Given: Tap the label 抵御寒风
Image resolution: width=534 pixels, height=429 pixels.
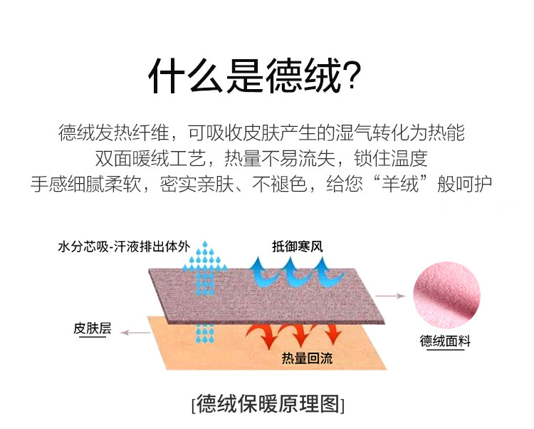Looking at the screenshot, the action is (x=298, y=246).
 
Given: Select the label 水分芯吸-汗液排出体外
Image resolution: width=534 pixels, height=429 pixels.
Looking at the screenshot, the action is (x=124, y=246).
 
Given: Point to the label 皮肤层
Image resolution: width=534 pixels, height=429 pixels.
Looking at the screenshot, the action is (x=93, y=328).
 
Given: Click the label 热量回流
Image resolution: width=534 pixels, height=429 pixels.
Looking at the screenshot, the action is (x=307, y=358).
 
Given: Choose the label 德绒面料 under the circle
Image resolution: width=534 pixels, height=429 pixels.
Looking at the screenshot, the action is (x=445, y=341).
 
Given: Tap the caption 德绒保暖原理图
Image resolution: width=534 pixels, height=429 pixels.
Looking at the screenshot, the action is (x=268, y=404).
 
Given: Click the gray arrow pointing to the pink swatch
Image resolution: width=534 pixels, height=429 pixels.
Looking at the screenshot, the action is (x=390, y=296).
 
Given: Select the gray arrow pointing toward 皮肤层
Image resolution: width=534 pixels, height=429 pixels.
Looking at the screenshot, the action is (x=135, y=332).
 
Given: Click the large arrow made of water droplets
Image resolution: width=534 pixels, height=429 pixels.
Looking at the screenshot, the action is (x=204, y=268).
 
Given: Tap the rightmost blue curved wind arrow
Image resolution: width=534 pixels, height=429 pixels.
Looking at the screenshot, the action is (x=326, y=273).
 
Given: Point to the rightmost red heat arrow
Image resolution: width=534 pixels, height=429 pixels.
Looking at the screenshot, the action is (x=332, y=334).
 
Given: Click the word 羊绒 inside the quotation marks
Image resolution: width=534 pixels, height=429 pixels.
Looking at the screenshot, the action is (x=400, y=184).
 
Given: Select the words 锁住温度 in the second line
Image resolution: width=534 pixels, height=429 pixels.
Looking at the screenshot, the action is (x=391, y=158).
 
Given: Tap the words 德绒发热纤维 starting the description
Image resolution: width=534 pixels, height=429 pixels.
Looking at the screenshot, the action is (x=114, y=133).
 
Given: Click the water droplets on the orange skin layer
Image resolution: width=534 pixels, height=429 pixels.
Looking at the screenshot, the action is (x=204, y=334).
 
